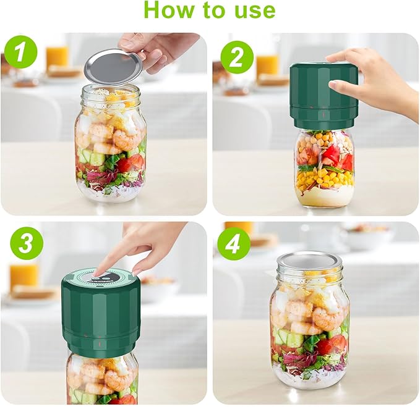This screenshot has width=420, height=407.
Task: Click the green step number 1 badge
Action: pyautogui.click(x=21, y=53)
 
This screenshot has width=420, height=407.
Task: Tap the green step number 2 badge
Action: pyautogui.click(x=237, y=57)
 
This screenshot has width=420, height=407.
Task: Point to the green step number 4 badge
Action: pyautogui.click(x=234, y=244)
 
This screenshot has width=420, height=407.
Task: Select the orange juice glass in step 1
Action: pyautogui.click(x=58, y=56)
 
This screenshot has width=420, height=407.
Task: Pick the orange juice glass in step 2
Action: pyautogui.click(x=268, y=65)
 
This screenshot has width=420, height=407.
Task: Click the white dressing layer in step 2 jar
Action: pyautogui.click(x=324, y=197)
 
